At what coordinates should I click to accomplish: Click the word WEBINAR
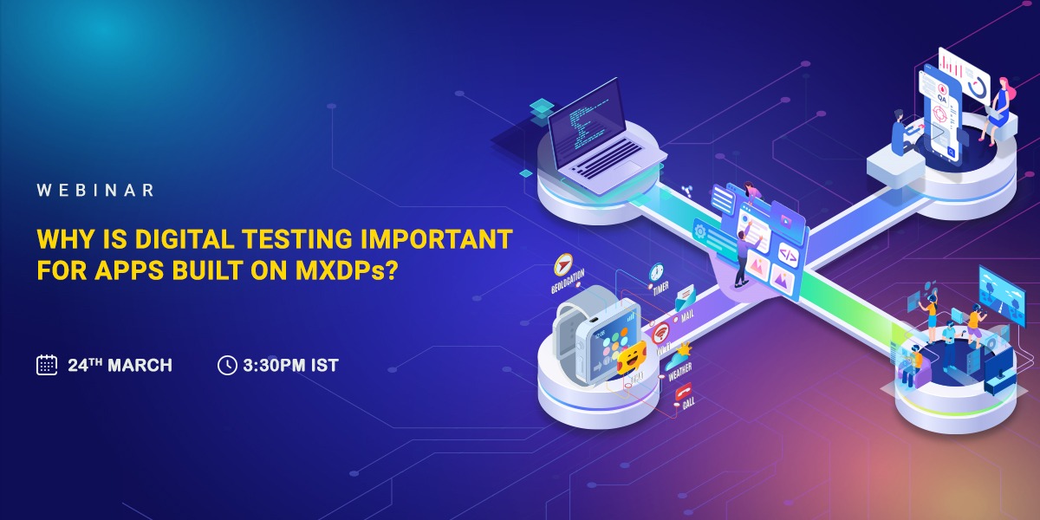[95, 190]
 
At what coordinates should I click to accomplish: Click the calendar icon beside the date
[47, 365]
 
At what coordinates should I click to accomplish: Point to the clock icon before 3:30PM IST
[226, 365]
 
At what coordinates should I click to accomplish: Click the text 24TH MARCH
[120, 365]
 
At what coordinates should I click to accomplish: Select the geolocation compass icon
[564, 263]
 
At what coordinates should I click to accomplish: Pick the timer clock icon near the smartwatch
[656, 272]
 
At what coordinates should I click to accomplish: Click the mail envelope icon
[684, 297]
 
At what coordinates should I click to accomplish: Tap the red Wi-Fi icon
[661, 332]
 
